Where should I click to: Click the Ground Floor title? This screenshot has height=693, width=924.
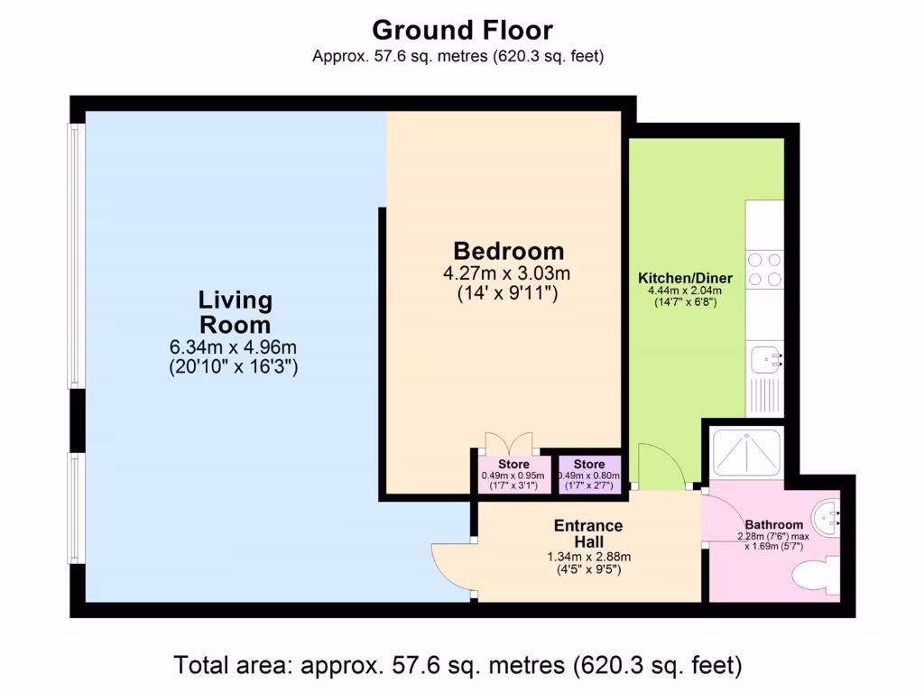pos(462,30)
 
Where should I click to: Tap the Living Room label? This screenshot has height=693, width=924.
pos(235,312)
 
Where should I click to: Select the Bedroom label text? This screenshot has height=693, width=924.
pos(508,251)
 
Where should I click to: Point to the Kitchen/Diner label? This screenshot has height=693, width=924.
pos(685,278)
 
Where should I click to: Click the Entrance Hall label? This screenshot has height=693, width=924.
pos(588,533)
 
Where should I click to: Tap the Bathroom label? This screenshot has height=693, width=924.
pos(773,525)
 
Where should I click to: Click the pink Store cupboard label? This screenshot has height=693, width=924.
pos(514,465)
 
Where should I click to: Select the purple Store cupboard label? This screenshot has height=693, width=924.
pos(588,465)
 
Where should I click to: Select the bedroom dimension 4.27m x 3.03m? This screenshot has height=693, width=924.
pos(508,273)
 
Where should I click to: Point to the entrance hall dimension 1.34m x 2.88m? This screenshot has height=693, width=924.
pos(588,557)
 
